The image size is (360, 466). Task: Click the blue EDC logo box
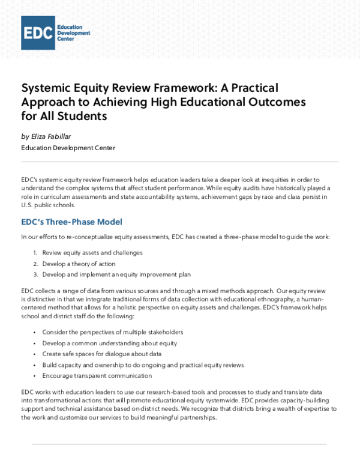point(38,32)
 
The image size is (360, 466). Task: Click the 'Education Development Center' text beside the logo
point(73,32)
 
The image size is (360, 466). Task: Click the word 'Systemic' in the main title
point(47,88)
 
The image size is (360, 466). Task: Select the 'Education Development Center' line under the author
point(68,148)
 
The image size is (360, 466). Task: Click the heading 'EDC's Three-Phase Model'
point(71,222)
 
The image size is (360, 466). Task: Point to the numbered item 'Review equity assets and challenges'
point(92,252)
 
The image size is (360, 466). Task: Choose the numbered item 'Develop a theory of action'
point(79,264)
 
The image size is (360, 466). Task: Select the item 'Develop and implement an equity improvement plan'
point(116,274)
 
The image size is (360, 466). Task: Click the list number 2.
point(35,264)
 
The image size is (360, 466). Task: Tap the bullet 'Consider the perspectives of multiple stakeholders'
point(112,331)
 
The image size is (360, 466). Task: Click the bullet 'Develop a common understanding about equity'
point(109,343)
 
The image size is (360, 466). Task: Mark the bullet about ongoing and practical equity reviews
point(143,365)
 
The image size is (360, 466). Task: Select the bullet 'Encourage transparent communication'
point(97,375)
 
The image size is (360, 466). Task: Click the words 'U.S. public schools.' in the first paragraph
point(47,204)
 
